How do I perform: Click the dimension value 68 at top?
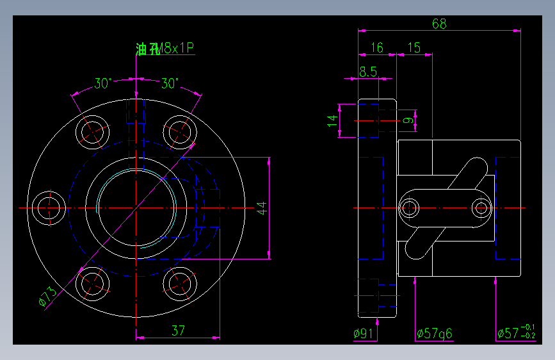coord(439,24)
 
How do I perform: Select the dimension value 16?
coord(377,47)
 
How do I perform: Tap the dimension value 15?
coord(414,47)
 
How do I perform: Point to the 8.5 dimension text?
coord(367,72)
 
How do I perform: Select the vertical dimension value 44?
coord(261,208)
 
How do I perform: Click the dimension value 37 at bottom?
coord(178,331)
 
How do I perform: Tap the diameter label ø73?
coord(47,295)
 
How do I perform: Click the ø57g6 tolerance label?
coord(434,333)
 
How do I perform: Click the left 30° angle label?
coord(103,83)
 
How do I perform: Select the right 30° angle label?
coord(170,83)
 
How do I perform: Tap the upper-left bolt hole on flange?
coord(93,132)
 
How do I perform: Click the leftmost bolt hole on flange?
coord(49,208)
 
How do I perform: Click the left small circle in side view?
coord(410,208)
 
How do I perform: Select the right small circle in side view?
coord(482,208)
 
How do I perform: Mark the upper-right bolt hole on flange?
coord(180,132)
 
